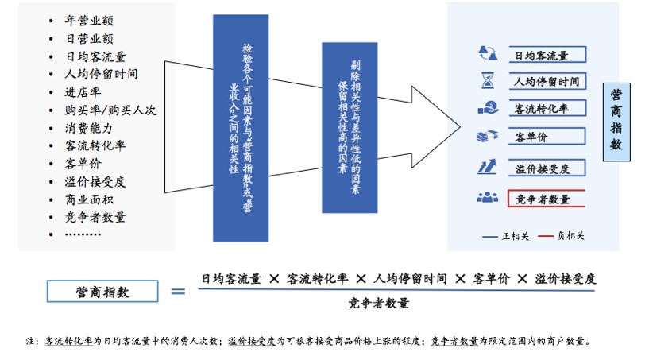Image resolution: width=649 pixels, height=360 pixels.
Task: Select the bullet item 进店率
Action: click(83, 91)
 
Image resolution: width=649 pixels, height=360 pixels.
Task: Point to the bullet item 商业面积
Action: click(90, 199)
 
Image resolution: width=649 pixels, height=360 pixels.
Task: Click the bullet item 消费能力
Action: click(90, 127)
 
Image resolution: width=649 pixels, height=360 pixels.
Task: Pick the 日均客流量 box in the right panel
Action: click(547, 56)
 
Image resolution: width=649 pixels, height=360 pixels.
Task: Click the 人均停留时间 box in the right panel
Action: click(547, 81)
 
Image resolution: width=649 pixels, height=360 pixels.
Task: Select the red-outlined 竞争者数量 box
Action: click(547, 199)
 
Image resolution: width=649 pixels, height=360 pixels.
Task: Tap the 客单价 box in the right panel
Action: click(547, 137)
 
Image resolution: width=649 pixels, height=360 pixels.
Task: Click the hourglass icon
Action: click(487, 81)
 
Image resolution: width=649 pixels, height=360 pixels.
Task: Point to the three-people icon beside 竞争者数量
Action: click(487, 198)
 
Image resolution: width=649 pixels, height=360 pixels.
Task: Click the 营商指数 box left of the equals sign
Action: click(101, 292)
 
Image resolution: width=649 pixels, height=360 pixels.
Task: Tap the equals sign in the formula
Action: click(179, 292)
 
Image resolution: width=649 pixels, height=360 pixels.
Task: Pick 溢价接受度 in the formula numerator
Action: click(566, 279)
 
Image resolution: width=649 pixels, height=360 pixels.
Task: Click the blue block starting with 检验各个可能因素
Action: click(241, 127)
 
